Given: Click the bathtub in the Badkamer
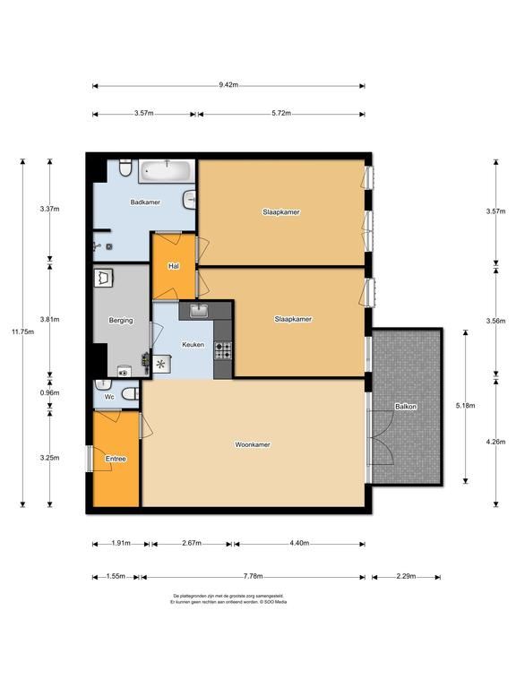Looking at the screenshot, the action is click(x=167, y=171).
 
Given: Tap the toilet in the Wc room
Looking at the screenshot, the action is click(x=131, y=393).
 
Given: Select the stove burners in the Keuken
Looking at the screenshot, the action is click(x=223, y=350).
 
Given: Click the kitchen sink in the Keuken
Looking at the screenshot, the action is click(x=199, y=311).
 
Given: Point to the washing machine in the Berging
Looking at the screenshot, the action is click(x=104, y=278).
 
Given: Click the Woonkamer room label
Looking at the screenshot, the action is click(x=253, y=444).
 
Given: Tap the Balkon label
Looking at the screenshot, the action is click(x=406, y=407).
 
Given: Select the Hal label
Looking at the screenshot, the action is click(x=174, y=266).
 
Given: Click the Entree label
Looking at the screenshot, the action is click(x=116, y=459).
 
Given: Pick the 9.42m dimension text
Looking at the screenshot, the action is click(x=228, y=85).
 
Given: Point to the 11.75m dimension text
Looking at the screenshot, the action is click(x=22, y=331).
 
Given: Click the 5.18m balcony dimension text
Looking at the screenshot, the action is click(x=465, y=406).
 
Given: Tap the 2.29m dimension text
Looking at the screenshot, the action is click(x=406, y=576).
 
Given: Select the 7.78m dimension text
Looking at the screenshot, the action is click(x=253, y=576).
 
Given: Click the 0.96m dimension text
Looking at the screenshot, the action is click(x=49, y=392).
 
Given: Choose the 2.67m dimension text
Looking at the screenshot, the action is click(x=192, y=543).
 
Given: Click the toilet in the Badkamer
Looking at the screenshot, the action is click(x=126, y=168).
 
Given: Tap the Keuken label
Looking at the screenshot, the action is click(x=193, y=344).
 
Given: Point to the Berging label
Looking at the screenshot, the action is click(x=121, y=321).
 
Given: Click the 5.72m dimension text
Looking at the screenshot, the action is click(x=281, y=113).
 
